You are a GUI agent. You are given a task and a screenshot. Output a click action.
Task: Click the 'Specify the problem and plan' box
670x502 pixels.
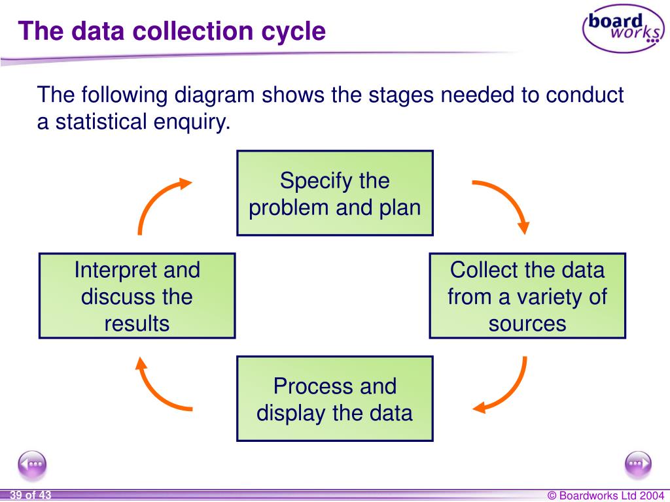(334, 193)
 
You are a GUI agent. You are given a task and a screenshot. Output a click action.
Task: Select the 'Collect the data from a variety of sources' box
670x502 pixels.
(527, 296)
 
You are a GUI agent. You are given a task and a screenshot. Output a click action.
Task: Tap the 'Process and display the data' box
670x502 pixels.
(334, 399)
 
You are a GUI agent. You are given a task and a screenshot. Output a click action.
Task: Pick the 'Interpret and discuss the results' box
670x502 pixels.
(137, 296)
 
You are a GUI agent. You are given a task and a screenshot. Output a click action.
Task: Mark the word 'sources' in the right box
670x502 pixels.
(527, 324)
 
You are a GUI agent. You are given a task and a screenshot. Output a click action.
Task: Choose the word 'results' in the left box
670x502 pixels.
(137, 324)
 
